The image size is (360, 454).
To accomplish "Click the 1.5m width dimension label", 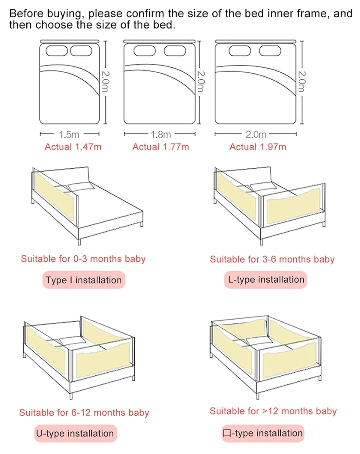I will click(69, 134).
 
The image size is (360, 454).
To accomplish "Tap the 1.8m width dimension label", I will click(160, 134).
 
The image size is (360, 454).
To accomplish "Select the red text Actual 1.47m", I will click(73, 147).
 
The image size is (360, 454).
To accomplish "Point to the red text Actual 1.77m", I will click(160, 147).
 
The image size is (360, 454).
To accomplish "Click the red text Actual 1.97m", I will click(258, 147).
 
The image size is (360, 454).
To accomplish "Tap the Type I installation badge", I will click(84, 280).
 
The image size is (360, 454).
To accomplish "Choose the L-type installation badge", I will click(266, 280).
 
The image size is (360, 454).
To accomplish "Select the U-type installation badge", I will click(75, 433).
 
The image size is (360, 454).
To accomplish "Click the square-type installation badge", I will click(263, 433).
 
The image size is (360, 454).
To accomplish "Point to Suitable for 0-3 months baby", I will click(83, 259).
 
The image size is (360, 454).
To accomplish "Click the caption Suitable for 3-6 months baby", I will click(272, 259).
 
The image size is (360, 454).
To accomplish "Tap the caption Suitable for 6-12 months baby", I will click(84, 413).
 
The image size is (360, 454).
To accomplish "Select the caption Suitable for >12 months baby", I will click(273, 411).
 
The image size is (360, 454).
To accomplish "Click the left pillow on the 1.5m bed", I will click(57, 51).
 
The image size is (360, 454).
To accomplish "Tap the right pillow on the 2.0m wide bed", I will click(270, 51).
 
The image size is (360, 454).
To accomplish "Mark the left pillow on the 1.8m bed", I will click(144, 51).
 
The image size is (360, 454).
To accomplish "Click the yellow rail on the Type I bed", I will click(54, 197).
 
